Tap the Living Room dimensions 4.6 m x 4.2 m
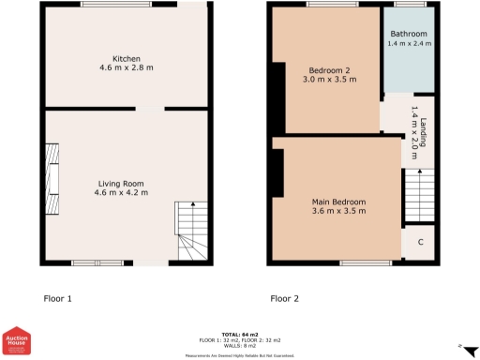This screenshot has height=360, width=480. (125, 193)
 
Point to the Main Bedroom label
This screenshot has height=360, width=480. (338, 202)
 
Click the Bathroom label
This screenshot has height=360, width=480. (409, 34)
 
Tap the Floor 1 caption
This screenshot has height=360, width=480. (58, 299)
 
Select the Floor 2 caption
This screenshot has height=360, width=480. (284, 299)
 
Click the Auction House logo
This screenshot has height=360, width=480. (18, 342)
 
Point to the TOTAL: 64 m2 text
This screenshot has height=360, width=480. (241, 333)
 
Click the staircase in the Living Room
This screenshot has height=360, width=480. (191, 234)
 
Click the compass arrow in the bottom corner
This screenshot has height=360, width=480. (460, 348)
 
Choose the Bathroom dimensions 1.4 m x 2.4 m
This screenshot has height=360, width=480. (409, 44)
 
